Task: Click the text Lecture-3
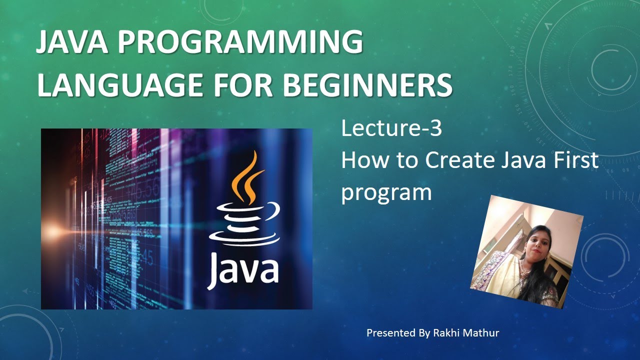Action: [391, 129]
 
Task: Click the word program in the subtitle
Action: [386, 192]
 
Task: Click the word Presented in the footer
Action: [390, 333]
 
